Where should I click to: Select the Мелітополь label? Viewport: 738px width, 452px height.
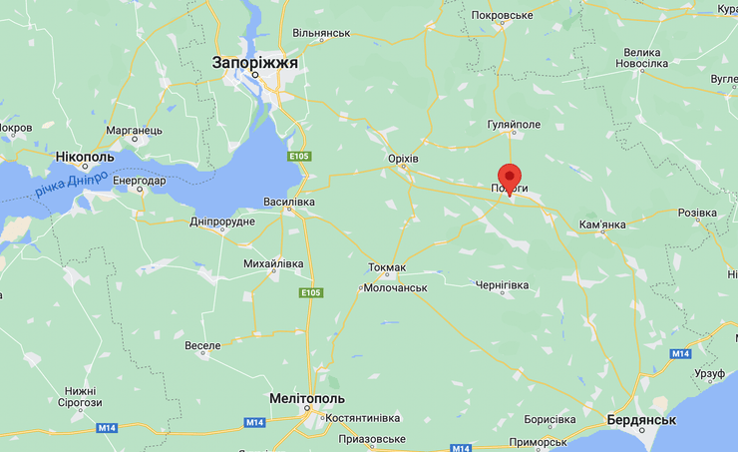point(307,399)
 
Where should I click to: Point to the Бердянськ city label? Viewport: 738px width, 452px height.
point(641,420)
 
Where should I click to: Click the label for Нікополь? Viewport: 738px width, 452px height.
point(85,158)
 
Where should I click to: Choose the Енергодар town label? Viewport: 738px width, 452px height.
point(139,181)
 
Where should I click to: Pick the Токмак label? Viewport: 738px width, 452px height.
point(387,267)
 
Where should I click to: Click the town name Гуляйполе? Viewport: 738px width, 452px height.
point(514,124)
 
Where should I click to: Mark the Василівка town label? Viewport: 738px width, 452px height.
point(289,202)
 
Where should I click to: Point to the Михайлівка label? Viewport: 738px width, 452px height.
point(273,263)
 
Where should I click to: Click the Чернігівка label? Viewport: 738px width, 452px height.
point(503,285)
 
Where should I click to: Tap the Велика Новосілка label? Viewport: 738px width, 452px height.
point(641,58)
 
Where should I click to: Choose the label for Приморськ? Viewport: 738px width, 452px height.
point(537,442)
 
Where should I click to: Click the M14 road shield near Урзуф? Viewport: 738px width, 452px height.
point(680,354)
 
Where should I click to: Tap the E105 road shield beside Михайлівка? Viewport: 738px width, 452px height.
point(309,292)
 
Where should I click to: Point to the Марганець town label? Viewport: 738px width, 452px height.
point(134,131)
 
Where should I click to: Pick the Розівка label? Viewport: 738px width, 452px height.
point(697,214)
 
